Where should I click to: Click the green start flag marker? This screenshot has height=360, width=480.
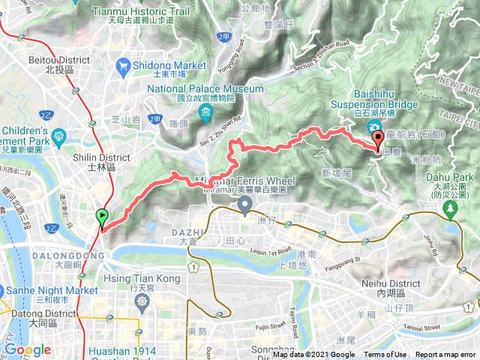pyautogui.click(x=102, y=218)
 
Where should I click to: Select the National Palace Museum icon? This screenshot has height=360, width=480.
pyautogui.click(x=205, y=112)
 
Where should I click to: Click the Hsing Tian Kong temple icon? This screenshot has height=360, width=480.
pyautogui.click(x=142, y=301)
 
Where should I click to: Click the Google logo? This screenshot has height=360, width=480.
pyautogui.click(x=28, y=349)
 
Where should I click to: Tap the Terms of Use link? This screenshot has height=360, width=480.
pyautogui.click(x=385, y=355)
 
